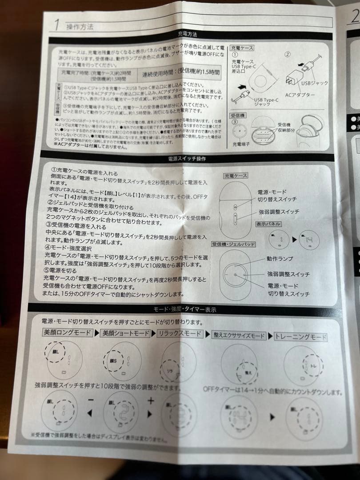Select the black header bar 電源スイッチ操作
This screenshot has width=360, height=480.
[x=187, y=158]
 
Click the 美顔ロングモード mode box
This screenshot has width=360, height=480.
[x=68, y=332]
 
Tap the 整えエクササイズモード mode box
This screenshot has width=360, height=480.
[x=246, y=336]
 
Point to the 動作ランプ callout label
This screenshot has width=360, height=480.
[x=280, y=259]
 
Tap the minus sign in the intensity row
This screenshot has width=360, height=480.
[x=91, y=400]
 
